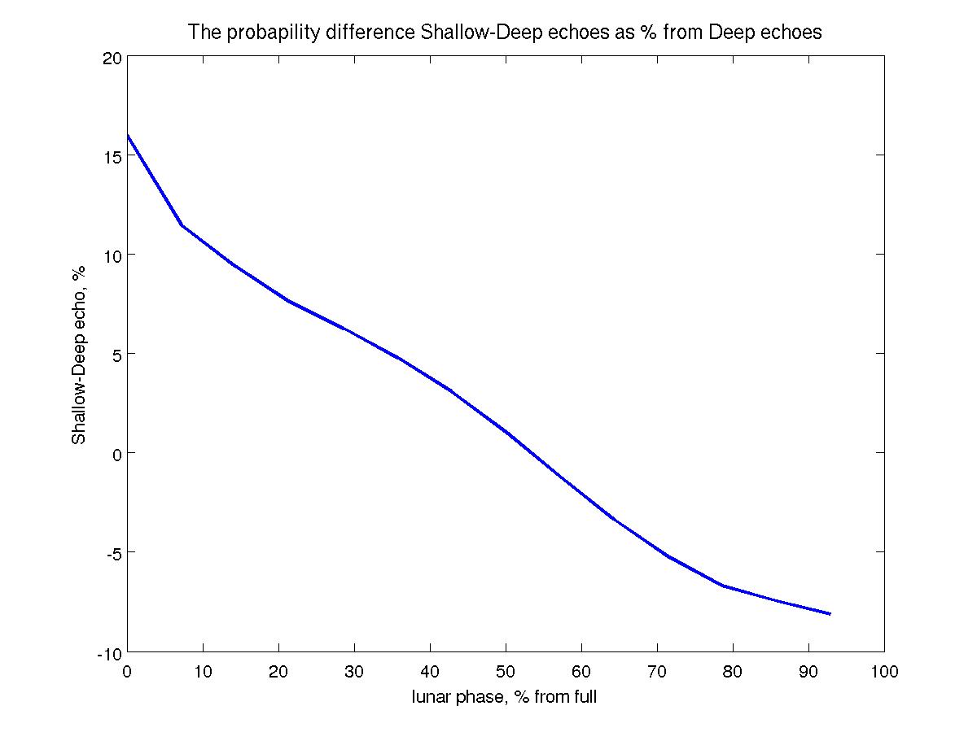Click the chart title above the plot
point(505,33)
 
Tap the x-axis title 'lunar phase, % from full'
point(505,697)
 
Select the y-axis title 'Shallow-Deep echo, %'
point(79,356)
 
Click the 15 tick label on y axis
point(112,156)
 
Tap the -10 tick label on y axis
point(108,652)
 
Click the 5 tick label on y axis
point(116,354)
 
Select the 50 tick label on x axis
point(506,672)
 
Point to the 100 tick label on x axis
point(884,672)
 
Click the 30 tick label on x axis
point(354,672)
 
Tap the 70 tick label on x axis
point(657,672)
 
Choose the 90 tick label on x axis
point(808,672)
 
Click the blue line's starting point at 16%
point(128,135)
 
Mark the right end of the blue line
point(830,614)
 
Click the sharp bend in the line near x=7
point(182,225)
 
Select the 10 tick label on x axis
point(203,672)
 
